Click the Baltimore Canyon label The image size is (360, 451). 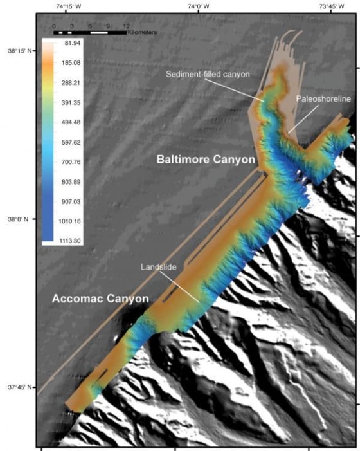(206, 159)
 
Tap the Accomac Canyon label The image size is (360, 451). (100, 299)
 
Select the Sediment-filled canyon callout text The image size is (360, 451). (208, 74)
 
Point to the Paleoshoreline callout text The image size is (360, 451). (323, 99)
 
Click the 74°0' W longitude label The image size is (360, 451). (198, 6)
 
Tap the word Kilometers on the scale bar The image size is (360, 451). (142, 32)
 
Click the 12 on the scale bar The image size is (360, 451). (126, 25)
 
